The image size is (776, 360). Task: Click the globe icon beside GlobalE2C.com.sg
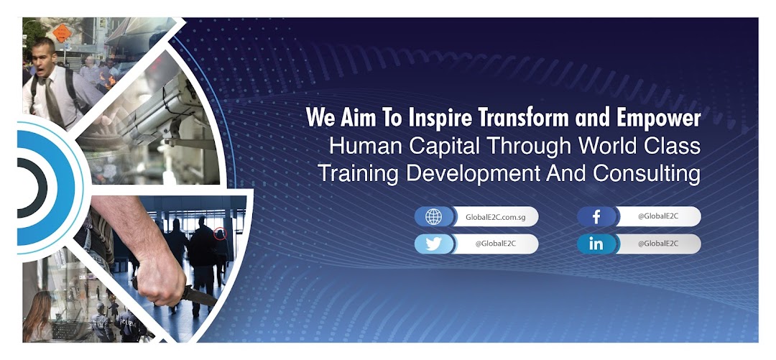(433, 217)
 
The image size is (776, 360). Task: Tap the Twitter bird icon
(433, 244)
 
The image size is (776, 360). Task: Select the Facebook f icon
(596, 217)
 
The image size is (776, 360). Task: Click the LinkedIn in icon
(596, 244)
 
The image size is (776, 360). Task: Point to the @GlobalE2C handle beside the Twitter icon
(495, 244)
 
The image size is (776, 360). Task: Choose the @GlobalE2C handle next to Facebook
(657, 217)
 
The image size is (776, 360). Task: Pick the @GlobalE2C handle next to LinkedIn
(657, 244)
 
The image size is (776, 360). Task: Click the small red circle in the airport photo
(221, 233)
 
